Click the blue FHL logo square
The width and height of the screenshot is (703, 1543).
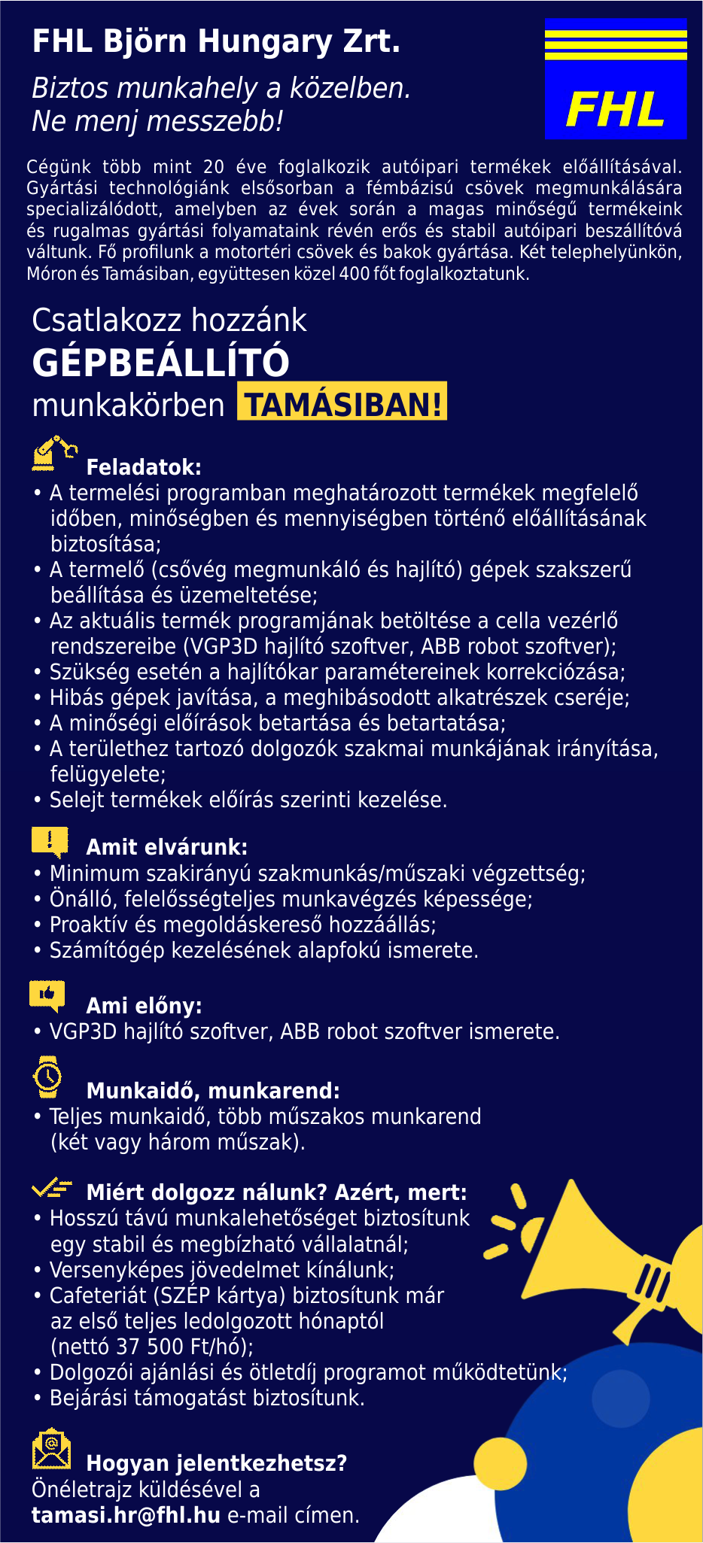615,79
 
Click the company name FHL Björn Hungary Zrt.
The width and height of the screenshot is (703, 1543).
216,41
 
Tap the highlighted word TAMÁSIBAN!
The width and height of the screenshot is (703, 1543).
342,404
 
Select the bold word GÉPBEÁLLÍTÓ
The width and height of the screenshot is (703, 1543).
160,363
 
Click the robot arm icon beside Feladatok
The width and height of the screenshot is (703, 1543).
53,454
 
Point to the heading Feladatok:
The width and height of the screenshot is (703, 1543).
144,467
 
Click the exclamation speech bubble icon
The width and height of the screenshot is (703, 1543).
50,842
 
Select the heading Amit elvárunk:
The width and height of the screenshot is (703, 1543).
166,847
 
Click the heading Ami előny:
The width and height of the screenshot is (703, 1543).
144,1006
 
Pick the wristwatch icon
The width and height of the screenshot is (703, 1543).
47,1077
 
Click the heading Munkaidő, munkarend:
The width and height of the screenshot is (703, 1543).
213,1091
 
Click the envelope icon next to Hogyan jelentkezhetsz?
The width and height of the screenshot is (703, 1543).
51,1449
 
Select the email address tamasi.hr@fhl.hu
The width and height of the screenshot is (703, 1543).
126,1514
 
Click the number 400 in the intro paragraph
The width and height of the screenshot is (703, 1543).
354,274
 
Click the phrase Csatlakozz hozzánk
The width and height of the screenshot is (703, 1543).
169,320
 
